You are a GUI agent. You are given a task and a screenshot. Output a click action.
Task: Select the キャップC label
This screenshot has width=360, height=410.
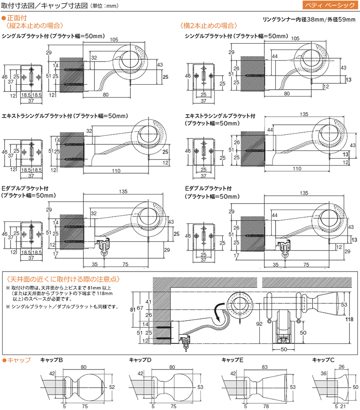click(323, 360)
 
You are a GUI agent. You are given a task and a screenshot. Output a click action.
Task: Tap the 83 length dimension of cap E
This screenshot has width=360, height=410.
click(265, 367)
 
